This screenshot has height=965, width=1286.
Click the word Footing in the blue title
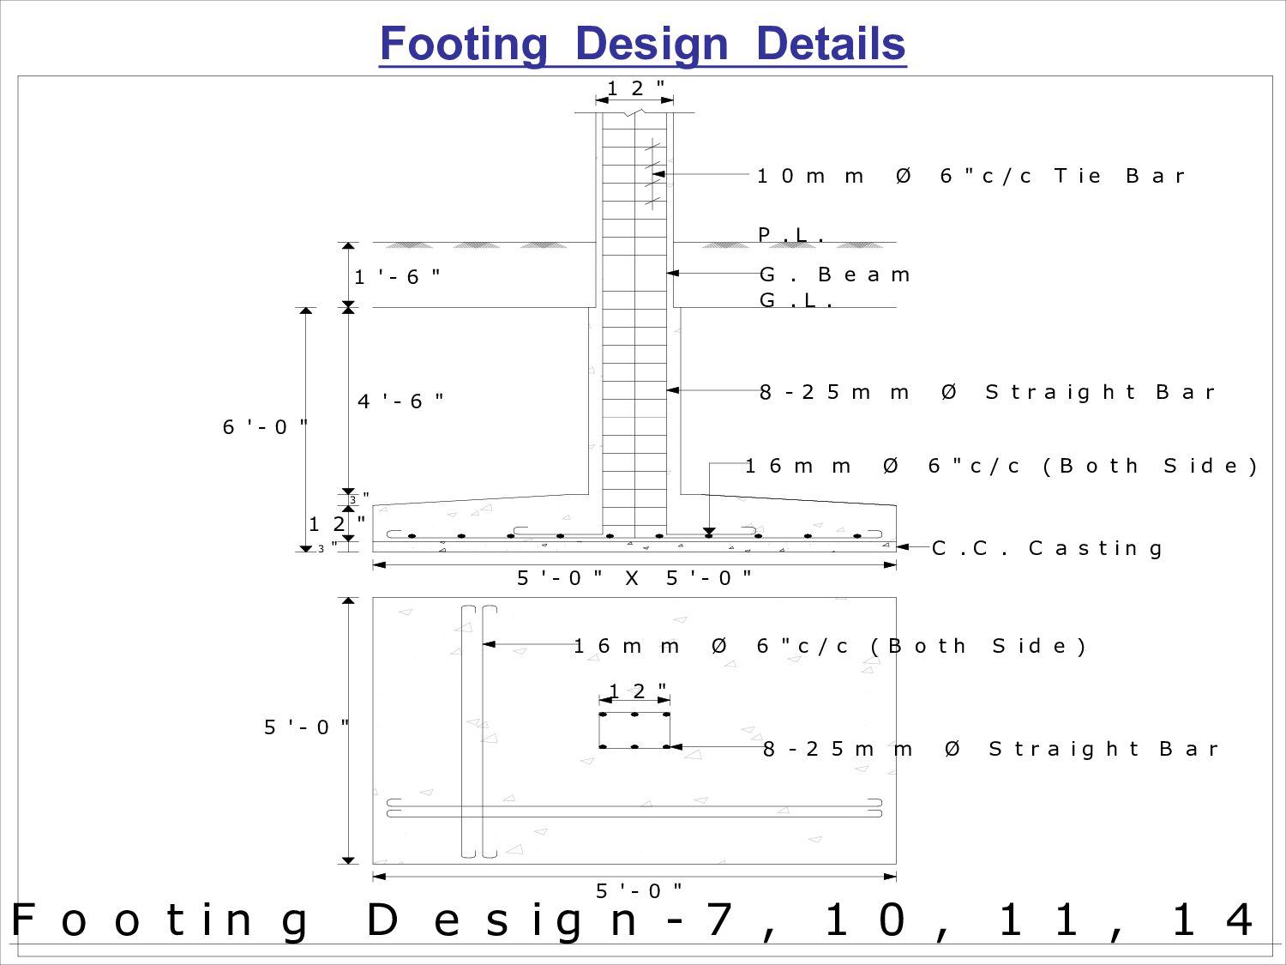click(x=463, y=45)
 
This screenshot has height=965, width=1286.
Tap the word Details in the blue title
click(x=830, y=45)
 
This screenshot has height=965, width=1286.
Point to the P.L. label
click(x=791, y=235)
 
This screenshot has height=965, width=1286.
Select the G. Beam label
click(x=834, y=274)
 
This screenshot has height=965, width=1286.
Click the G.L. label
click(x=796, y=301)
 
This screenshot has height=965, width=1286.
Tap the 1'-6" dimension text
click(x=397, y=277)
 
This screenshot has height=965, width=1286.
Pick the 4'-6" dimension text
click(x=400, y=401)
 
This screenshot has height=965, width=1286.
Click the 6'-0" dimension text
click(x=265, y=427)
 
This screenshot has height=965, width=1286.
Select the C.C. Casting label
click(x=1047, y=548)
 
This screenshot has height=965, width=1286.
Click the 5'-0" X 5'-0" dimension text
click(x=634, y=578)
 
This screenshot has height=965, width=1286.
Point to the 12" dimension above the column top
click(x=635, y=88)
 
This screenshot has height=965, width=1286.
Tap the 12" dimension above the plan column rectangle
click(x=637, y=691)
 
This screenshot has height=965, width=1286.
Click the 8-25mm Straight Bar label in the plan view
click(x=990, y=749)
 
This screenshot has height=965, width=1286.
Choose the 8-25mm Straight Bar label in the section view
click(x=987, y=392)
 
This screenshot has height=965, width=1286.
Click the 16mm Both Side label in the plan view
click(x=829, y=646)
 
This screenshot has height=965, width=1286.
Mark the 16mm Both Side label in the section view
click(x=1001, y=466)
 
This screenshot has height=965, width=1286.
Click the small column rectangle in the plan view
click(x=634, y=730)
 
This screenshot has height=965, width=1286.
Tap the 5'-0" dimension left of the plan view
click(x=306, y=727)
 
